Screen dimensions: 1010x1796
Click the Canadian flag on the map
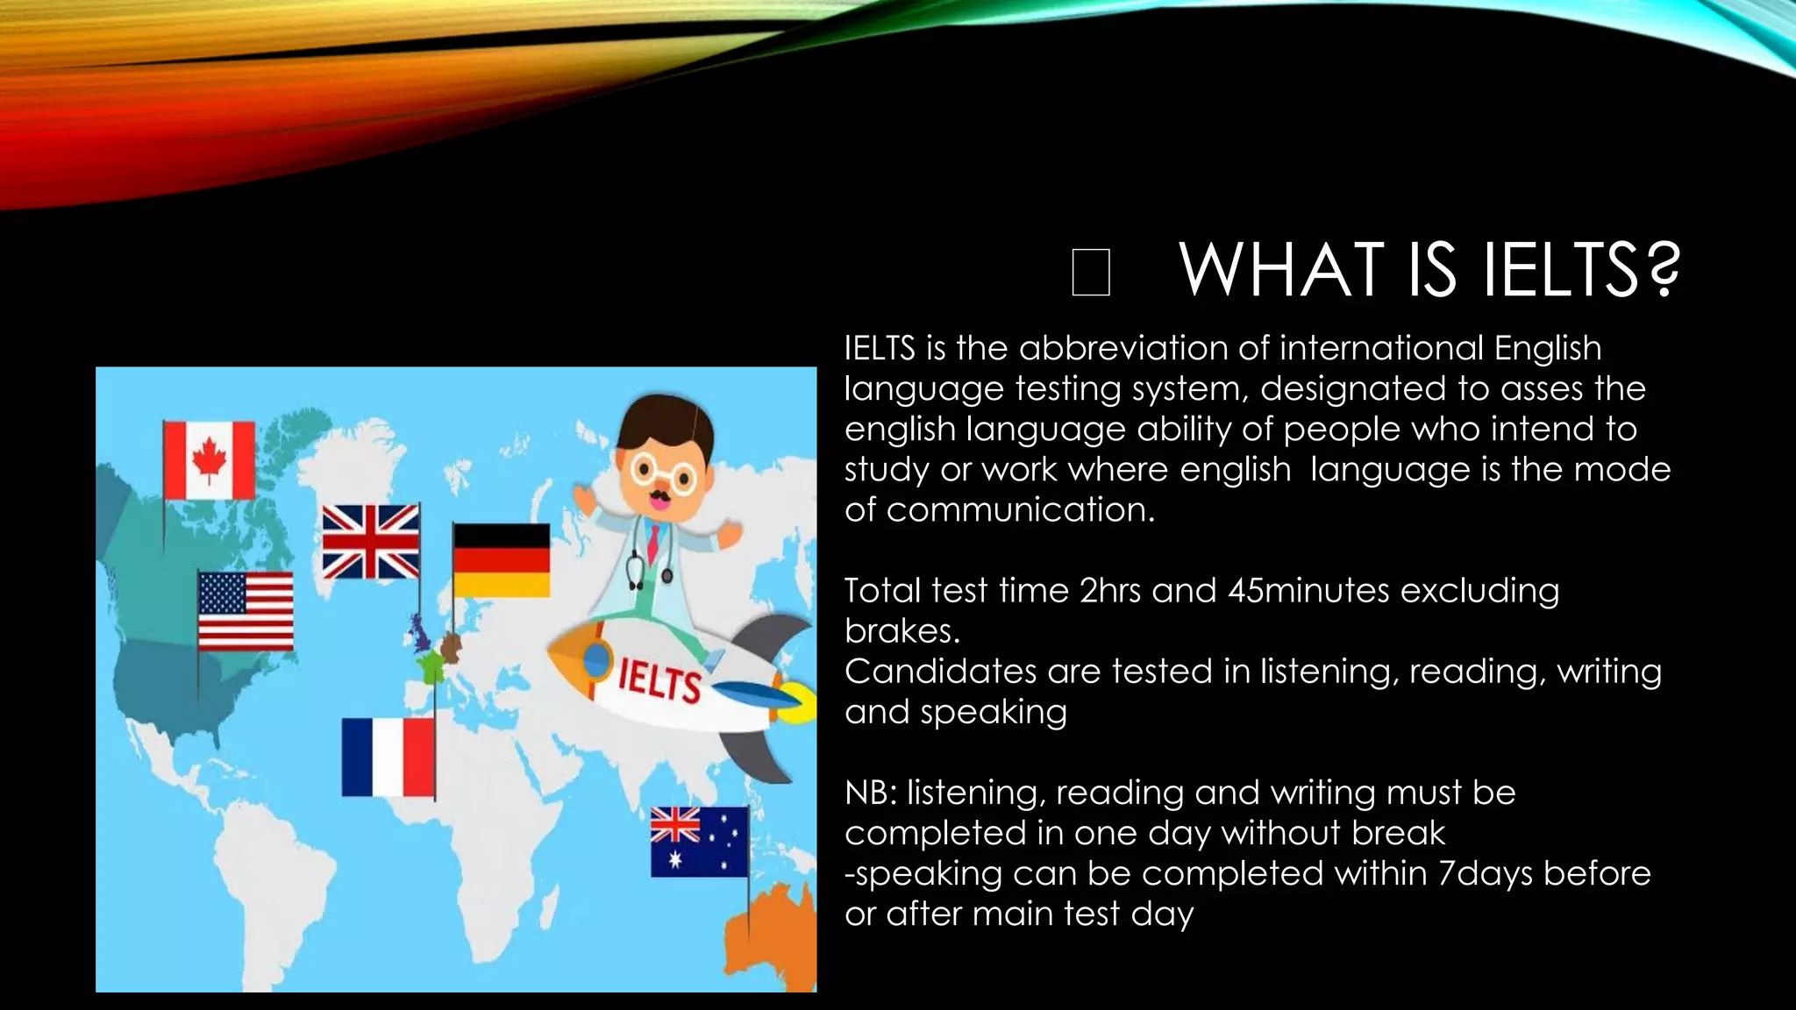(209, 460)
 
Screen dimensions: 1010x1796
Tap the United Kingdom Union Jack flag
(370, 541)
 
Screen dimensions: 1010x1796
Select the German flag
(501, 560)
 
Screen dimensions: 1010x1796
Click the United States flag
(246, 610)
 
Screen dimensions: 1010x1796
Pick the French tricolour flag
(388, 757)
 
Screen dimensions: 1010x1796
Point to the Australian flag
(699, 842)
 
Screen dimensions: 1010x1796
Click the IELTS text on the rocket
(659, 681)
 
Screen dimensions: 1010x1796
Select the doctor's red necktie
(652, 544)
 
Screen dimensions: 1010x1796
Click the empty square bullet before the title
(1091, 272)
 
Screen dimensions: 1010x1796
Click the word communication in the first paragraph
(1020, 509)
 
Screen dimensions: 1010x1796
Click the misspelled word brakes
(902, 630)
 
